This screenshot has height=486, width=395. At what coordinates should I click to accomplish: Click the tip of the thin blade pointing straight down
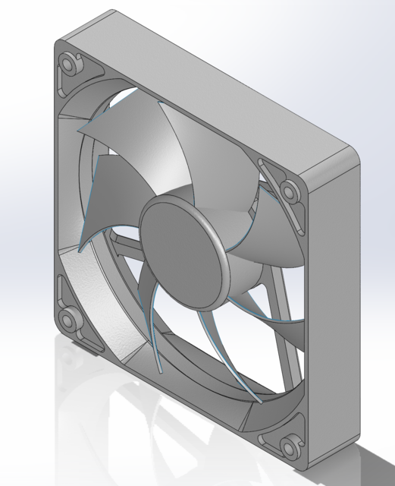coord(161,371)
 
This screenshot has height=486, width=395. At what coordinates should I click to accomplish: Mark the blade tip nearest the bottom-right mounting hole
coord(258,399)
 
